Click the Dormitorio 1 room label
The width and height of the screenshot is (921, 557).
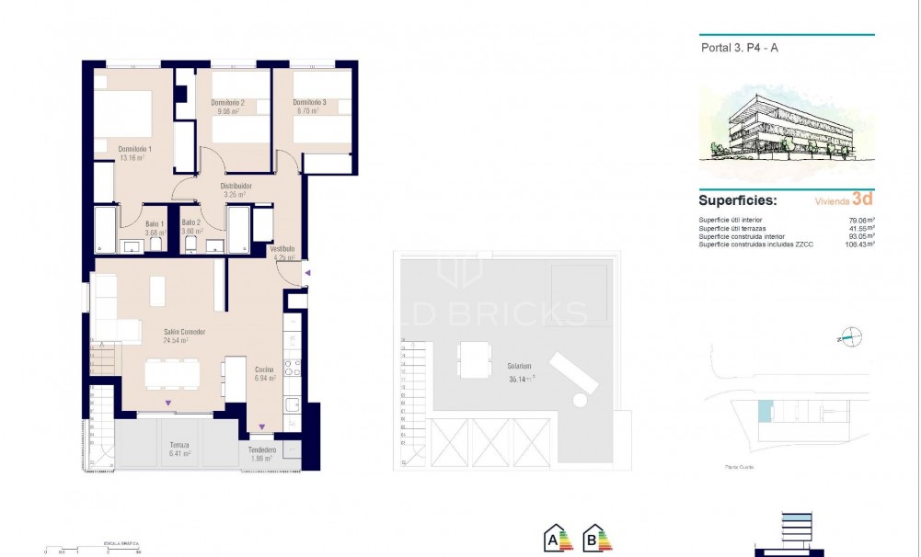[x=134, y=149]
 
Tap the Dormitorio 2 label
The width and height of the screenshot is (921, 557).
[x=226, y=102]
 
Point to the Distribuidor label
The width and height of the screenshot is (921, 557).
[x=236, y=186]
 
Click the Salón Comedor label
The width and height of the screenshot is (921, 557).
[x=184, y=331]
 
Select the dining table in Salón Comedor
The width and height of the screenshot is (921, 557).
[x=182, y=374]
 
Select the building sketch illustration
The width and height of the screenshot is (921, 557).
[x=785, y=126]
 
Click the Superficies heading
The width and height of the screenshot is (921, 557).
[x=737, y=199]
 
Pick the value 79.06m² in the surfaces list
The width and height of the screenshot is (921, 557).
[x=861, y=220]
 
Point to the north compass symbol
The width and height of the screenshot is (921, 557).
[x=851, y=336]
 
